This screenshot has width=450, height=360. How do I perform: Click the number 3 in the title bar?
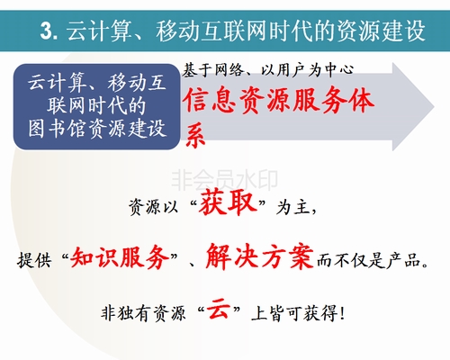(x=47, y=31)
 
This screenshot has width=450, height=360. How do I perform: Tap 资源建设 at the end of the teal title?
(x=381, y=31)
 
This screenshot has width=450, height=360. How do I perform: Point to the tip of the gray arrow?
(x=434, y=106)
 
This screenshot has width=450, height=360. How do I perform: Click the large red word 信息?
(x=209, y=101)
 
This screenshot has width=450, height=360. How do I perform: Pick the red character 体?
(x=361, y=101)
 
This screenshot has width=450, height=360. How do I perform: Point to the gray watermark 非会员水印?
(x=224, y=180)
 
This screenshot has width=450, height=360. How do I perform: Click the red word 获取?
(x=228, y=202)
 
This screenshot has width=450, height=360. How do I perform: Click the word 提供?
(x=34, y=259)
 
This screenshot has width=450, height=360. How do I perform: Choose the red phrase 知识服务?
(x=120, y=257)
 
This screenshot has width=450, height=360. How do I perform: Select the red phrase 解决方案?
(x=260, y=256)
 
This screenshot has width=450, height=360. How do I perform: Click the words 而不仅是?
(x=350, y=260)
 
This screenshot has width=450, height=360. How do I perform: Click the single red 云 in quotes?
(x=219, y=309)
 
